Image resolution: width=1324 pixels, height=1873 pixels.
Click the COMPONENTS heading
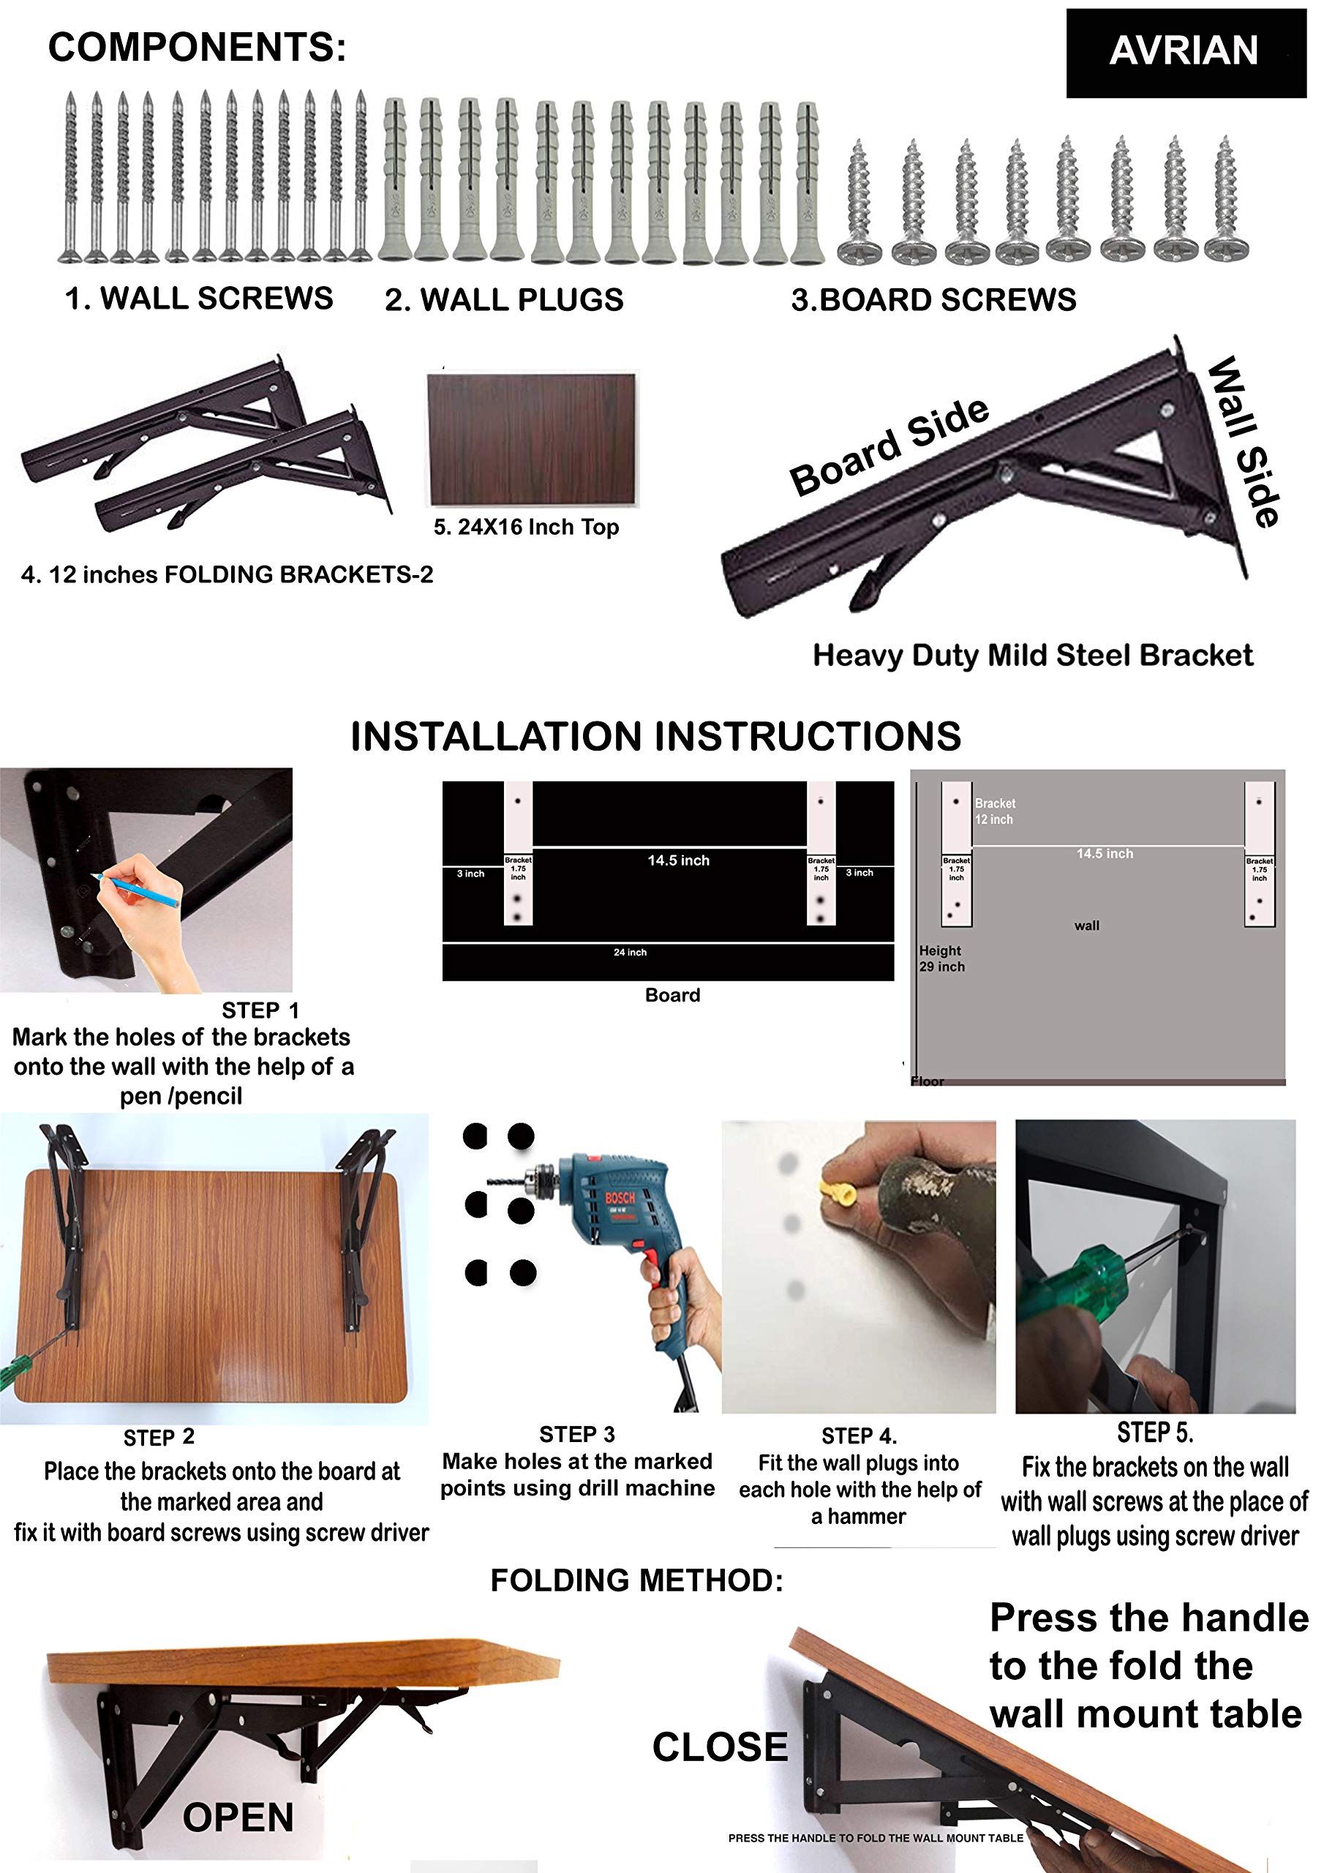point(198,48)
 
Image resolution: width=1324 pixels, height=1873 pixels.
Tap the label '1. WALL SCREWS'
point(199,299)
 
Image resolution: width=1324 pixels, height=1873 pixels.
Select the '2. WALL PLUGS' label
point(504,300)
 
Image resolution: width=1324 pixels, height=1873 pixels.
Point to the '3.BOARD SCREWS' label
point(934,300)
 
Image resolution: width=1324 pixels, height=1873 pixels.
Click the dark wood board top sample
point(532,440)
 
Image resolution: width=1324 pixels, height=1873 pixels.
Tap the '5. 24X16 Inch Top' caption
point(526,527)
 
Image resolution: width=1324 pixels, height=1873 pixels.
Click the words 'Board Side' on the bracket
point(889,447)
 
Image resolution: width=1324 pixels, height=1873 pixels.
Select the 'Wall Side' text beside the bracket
point(1244,441)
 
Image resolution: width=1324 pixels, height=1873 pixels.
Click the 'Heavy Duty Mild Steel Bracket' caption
point(1033,655)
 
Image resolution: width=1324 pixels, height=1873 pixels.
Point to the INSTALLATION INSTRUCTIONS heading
point(656,736)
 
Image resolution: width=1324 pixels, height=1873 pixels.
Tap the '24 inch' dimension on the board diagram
point(630,952)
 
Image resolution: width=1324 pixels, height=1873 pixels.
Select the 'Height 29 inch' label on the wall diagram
point(941,958)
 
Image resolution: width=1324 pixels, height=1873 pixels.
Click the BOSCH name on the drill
point(620,1198)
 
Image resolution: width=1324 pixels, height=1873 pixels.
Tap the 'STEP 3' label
point(576,1434)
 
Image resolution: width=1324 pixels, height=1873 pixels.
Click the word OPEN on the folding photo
point(238,1817)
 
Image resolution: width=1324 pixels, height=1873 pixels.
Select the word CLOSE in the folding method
point(721,1746)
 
